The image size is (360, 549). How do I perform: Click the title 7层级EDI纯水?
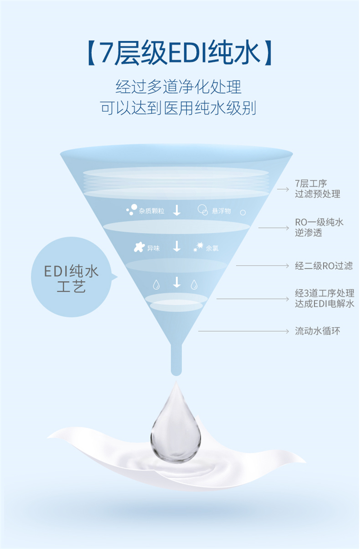(180, 53)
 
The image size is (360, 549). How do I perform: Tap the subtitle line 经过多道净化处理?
(179, 86)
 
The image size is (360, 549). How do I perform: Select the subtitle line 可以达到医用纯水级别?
(179, 108)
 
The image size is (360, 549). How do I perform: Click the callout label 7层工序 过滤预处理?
(317, 189)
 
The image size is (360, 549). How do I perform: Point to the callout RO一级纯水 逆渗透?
(319, 227)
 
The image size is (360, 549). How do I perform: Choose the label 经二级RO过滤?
(324, 266)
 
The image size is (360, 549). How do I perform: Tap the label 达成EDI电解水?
(324, 304)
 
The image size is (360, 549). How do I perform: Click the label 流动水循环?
(317, 331)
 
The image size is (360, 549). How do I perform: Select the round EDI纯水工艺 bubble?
(72, 277)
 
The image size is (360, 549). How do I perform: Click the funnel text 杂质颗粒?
(152, 211)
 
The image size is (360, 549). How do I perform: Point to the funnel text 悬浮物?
(221, 211)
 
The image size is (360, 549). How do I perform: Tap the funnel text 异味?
(154, 248)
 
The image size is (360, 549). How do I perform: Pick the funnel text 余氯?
(212, 248)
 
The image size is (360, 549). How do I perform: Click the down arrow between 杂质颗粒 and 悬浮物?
(177, 210)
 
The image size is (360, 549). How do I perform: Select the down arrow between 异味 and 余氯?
(177, 247)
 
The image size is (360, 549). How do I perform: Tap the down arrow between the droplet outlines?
(177, 282)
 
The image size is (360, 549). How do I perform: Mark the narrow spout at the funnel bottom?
(176, 359)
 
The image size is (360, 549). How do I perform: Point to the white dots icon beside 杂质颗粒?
(132, 209)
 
